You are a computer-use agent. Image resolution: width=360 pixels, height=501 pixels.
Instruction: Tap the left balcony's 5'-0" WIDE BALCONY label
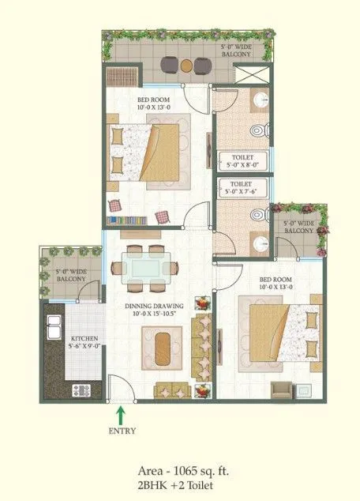[71, 277]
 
